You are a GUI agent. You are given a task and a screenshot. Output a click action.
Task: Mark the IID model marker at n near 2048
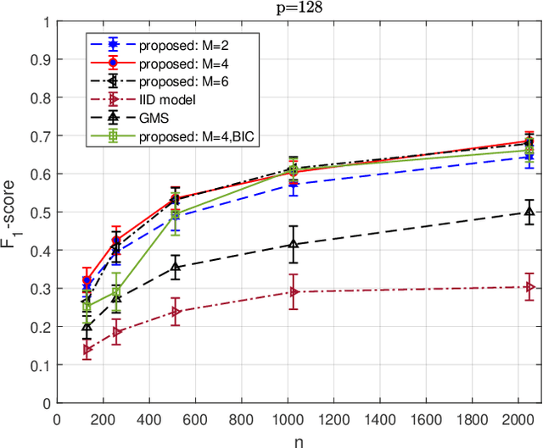pyautogui.click(x=530, y=287)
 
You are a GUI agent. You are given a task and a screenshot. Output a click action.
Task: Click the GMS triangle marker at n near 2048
pyautogui.click(x=530, y=212)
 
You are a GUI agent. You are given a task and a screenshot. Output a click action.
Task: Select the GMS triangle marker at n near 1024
pyautogui.click(x=294, y=245)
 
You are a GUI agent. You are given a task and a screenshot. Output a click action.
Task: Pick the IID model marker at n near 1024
pyautogui.click(x=294, y=291)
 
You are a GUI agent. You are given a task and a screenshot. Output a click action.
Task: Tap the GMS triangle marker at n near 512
pyautogui.click(x=176, y=267)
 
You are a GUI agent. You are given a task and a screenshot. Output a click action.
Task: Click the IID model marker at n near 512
pyautogui.click(x=176, y=312)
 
